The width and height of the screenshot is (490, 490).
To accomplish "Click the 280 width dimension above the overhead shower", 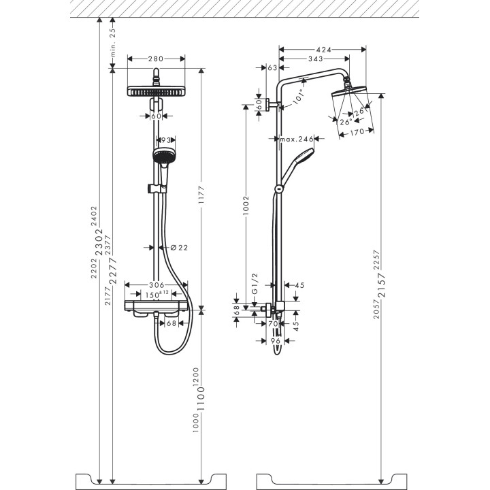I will pos(156,59).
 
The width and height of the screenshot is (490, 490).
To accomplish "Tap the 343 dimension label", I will pos(314,60).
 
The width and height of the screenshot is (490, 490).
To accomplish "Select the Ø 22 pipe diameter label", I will pos(177,247).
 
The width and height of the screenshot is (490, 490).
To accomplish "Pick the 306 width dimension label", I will pos(157,286).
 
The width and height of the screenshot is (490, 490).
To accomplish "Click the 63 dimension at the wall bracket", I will pos(273,68).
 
